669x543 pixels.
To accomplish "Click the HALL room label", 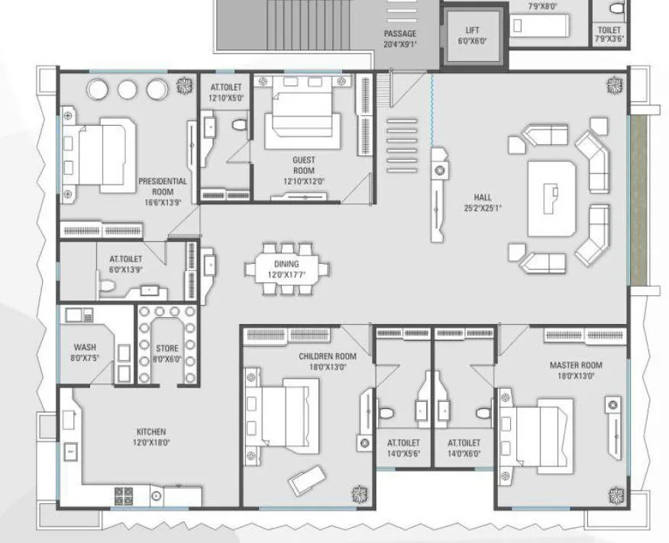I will tap(482, 198).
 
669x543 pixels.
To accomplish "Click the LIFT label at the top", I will tap(472, 31).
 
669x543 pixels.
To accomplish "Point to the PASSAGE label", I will tap(399, 34).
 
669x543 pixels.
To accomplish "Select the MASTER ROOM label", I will tap(576, 365).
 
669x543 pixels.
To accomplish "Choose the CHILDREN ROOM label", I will tap(328, 356).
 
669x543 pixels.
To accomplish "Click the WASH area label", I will tap(85, 347).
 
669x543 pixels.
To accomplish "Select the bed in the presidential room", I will tap(98, 155).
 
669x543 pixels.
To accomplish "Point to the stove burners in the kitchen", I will tap(124, 496).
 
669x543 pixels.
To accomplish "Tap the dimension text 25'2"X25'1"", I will tap(482, 207).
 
